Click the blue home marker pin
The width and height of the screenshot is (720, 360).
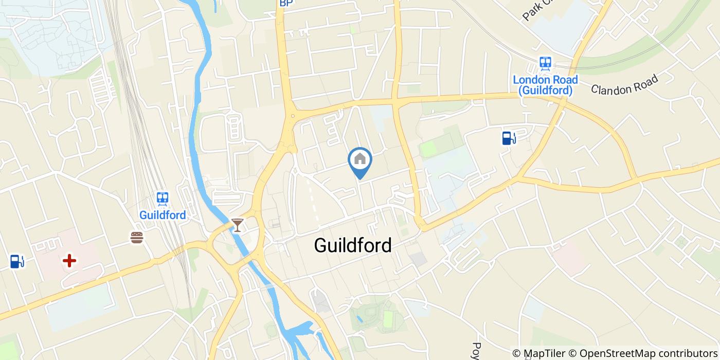pyautogui.click(x=360, y=160)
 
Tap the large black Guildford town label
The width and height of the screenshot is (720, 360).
pyautogui.click(x=353, y=245)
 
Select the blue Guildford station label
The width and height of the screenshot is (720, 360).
pyautogui.click(x=163, y=215)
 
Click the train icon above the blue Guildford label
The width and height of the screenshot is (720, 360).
pyautogui.click(x=163, y=199)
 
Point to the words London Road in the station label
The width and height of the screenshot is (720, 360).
pyautogui.click(x=545, y=80)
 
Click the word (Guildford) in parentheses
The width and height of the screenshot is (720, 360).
pyautogui.click(x=545, y=91)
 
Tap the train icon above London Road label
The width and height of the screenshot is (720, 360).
pyautogui.click(x=545, y=63)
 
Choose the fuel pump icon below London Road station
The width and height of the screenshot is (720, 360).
pyautogui.click(x=508, y=138)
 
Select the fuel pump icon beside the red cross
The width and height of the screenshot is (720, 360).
pyautogui.click(x=17, y=261)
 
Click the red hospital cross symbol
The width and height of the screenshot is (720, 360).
pyautogui.click(x=69, y=261)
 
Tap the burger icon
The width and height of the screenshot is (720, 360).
pyautogui.click(x=136, y=237)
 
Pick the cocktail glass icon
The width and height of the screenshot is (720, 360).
pyautogui.click(x=237, y=225)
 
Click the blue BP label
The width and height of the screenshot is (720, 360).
pyautogui.click(x=286, y=3)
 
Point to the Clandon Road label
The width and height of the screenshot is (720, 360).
pyautogui.click(x=624, y=85)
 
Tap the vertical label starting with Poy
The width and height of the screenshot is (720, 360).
pyautogui.click(x=476, y=351)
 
